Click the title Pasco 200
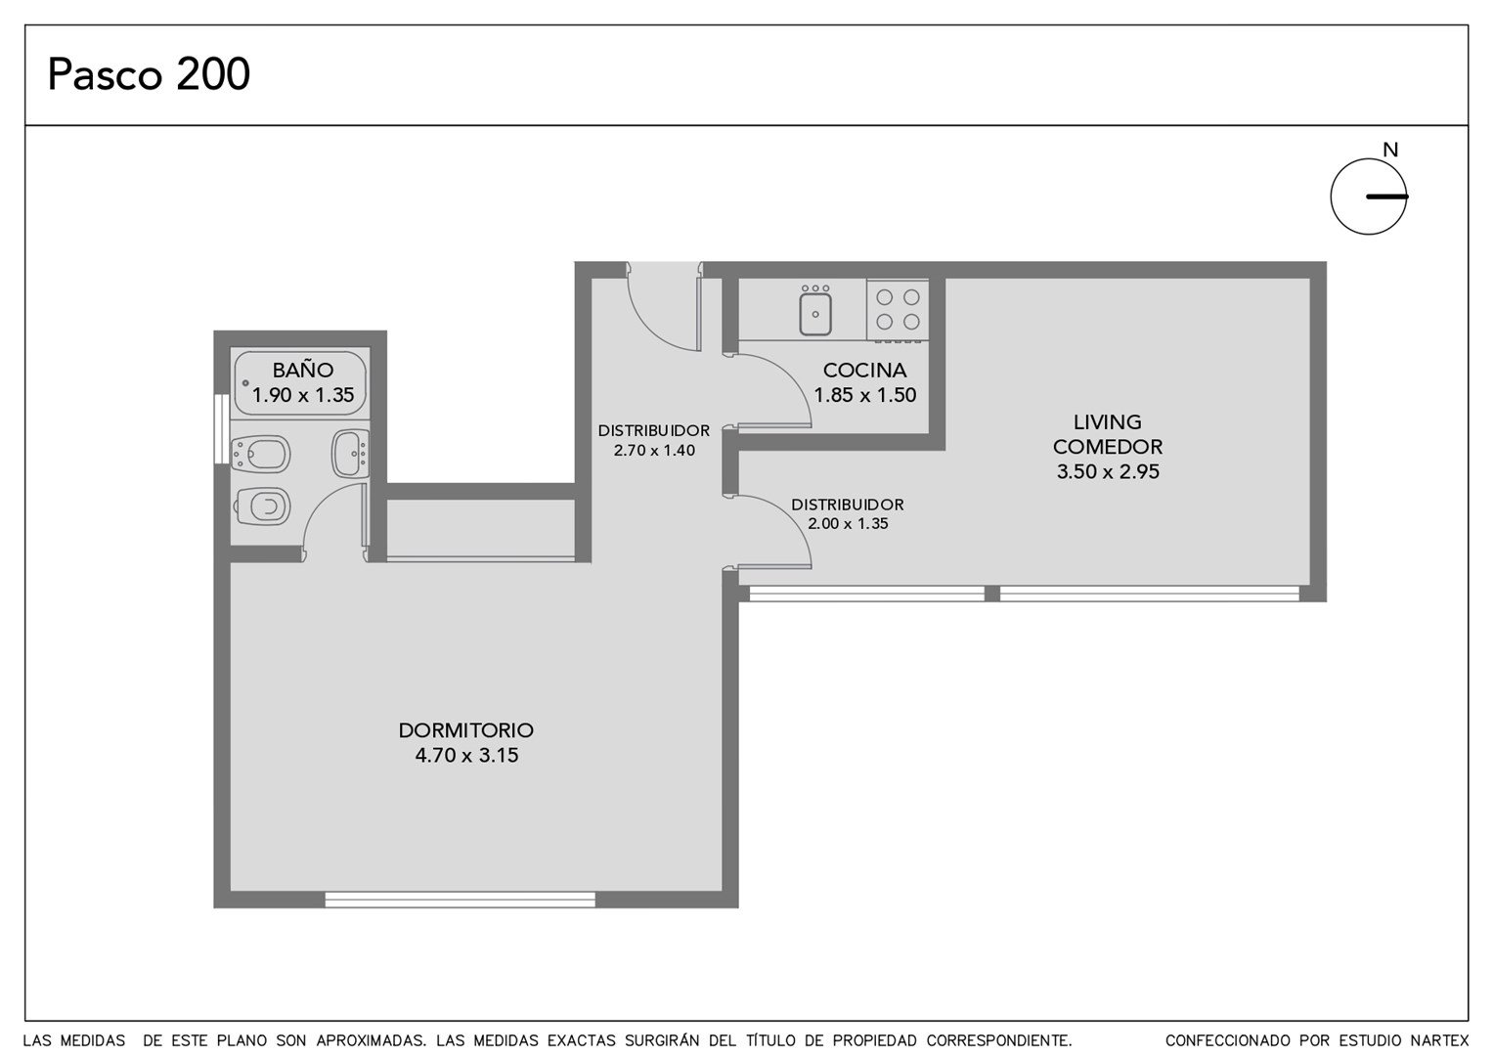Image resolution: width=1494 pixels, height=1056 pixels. [x=149, y=73]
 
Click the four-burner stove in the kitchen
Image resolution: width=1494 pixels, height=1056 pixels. [x=897, y=310]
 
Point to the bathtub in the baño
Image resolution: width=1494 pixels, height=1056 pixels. [x=300, y=383]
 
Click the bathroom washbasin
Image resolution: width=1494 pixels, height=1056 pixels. [x=350, y=454]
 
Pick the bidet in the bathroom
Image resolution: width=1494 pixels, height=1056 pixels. [x=260, y=455]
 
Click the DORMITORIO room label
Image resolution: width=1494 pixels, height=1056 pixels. [x=466, y=729]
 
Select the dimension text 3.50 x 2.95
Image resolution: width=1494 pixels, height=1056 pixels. [x=1108, y=471]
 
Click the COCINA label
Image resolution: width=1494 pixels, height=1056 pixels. [x=864, y=370]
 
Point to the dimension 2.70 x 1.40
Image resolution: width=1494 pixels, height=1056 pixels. [x=654, y=451]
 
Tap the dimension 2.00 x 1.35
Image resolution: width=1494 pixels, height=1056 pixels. [x=848, y=524]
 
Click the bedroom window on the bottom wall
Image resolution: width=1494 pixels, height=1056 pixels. [x=461, y=900]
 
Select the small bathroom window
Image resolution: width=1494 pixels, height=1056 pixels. [x=221, y=428]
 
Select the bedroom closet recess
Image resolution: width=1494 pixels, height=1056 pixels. [x=481, y=528]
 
